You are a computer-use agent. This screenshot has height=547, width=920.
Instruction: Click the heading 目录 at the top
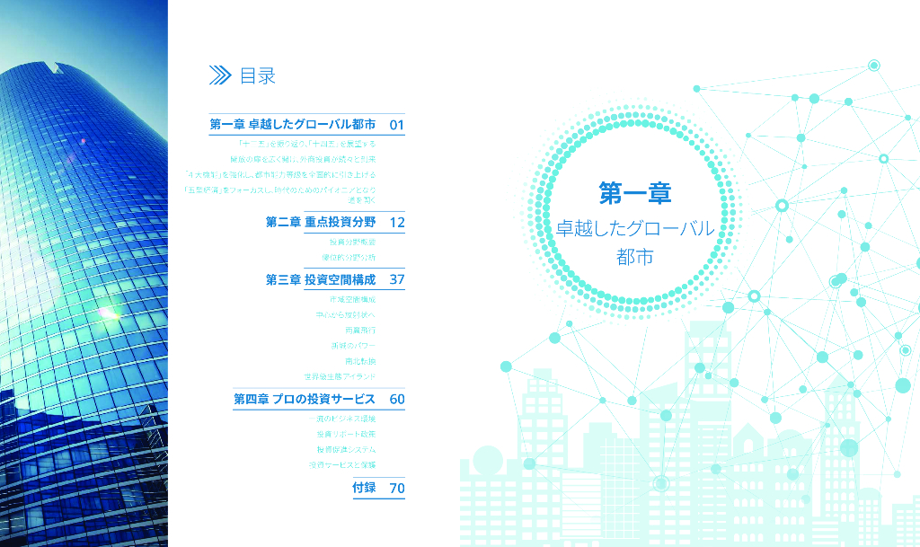[x=257, y=76]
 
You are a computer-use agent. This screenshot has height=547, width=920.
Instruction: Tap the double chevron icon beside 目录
[x=220, y=76]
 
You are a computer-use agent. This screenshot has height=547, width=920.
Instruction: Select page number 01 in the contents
[x=397, y=124]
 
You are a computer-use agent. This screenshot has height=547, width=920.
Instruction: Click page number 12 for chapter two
[x=397, y=222]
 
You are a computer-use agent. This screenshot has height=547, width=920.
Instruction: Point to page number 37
[x=397, y=279]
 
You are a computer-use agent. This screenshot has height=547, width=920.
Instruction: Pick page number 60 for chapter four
[x=397, y=398]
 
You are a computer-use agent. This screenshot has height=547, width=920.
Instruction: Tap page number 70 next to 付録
[x=397, y=489]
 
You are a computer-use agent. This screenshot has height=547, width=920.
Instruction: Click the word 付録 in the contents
[x=364, y=489]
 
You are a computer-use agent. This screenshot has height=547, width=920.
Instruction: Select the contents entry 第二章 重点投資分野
[x=320, y=222]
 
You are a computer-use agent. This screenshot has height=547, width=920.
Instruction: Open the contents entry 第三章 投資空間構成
[x=320, y=279]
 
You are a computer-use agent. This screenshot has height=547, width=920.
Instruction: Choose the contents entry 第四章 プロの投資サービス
[x=305, y=398]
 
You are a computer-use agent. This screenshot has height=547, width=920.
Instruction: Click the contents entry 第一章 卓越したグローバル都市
[x=292, y=124]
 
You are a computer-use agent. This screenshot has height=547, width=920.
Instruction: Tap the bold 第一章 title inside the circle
[x=635, y=192]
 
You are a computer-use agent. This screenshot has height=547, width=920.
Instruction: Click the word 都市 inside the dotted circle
[x=634, y=256]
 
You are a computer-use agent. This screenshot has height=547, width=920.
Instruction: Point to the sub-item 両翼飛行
[x=359, y=330]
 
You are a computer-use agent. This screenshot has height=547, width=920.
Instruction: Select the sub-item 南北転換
[x=359, y=360]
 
